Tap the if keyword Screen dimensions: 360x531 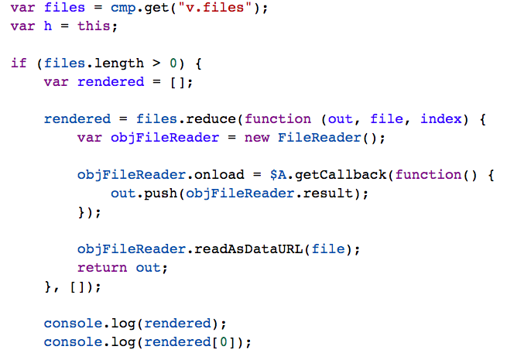pos(18,63)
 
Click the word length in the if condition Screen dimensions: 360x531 pos(118,63)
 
